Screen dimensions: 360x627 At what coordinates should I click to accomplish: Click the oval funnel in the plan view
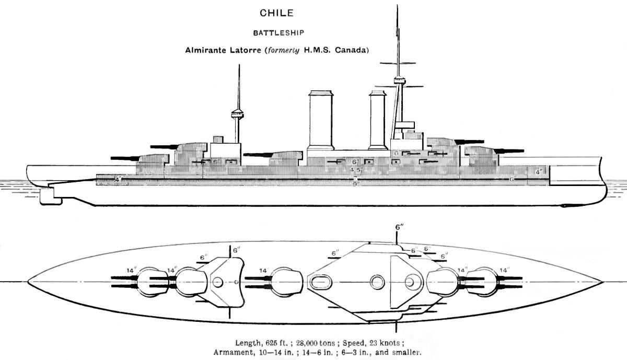319,282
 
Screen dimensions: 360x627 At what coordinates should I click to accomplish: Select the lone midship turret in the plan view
285,282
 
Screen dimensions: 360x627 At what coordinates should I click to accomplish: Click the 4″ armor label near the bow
539,171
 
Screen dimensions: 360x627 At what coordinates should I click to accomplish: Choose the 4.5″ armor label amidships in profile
355,170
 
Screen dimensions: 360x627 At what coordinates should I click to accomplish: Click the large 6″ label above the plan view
399,228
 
